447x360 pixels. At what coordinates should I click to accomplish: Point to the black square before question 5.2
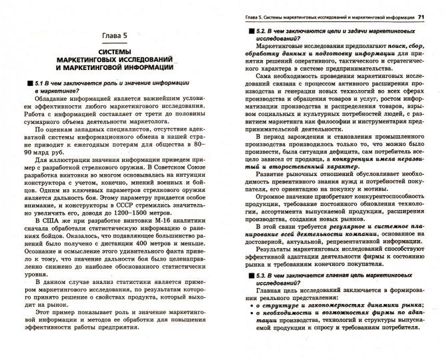point(242,31)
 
